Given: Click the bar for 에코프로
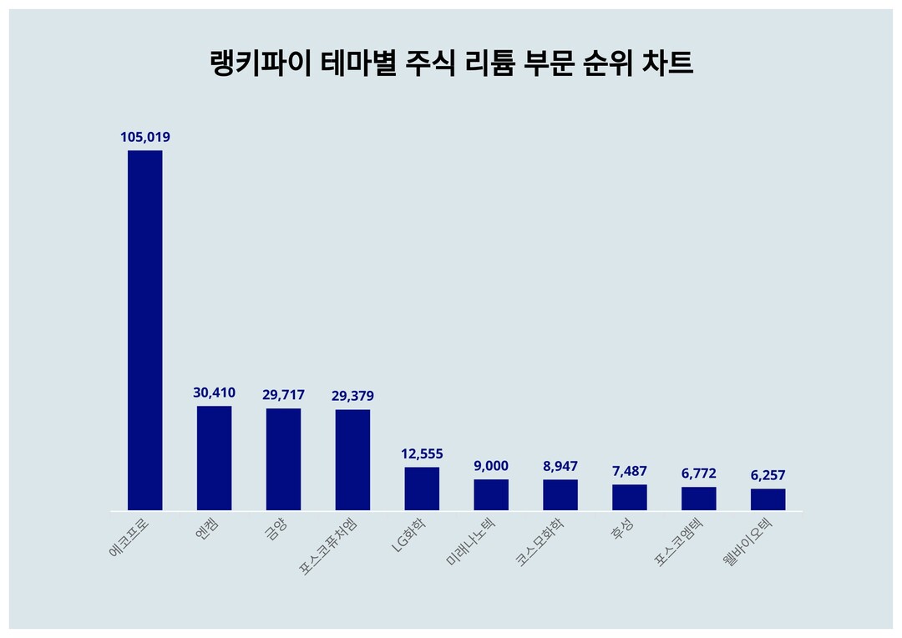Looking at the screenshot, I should pos(144,330).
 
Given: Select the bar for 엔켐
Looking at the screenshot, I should pos(214,458).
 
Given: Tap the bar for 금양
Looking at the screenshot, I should pos(283,459).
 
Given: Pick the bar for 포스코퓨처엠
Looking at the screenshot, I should pos(352,459).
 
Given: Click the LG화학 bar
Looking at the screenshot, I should pos(422,489).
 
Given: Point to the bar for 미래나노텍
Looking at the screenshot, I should pos(491,494).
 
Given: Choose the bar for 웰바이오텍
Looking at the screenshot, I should pos(768,499).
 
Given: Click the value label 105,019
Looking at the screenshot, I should pos(145,137).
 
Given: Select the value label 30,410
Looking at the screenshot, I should pos(214,392).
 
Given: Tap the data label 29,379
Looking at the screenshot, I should pos(352,396).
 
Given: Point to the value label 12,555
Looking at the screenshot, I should pos(422,453).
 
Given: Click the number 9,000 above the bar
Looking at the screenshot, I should pos(491,466).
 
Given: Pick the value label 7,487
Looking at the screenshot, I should pos(629,471).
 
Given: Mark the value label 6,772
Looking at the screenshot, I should pos(698,473).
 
